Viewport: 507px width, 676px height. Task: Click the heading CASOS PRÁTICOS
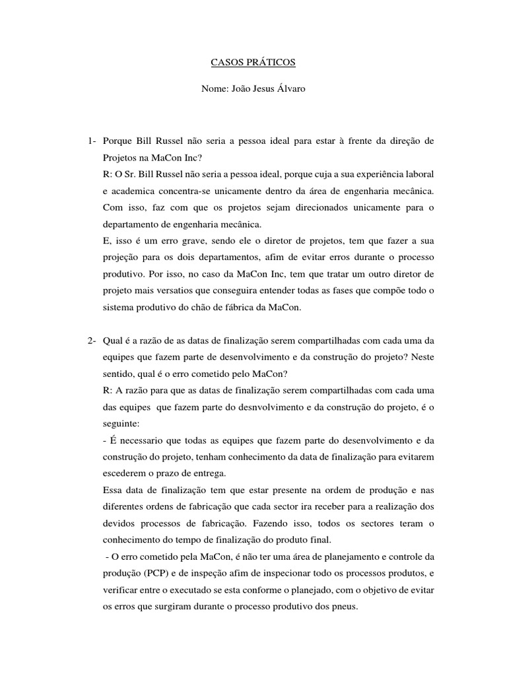click(x=253, y=63)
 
